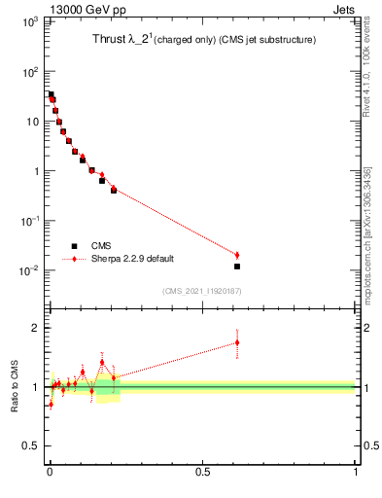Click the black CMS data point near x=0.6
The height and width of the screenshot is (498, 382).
pos(237,266)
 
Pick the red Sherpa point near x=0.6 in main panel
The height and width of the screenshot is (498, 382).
pos(237,255)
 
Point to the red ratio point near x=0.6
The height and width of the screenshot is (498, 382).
pos(237,342)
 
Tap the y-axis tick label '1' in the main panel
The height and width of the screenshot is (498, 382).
pos(34,171)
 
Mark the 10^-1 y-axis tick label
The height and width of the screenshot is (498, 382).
pos(26,221)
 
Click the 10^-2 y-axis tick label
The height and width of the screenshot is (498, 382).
pos(26,270)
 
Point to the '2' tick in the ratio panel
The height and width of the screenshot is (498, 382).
pos(34,328)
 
